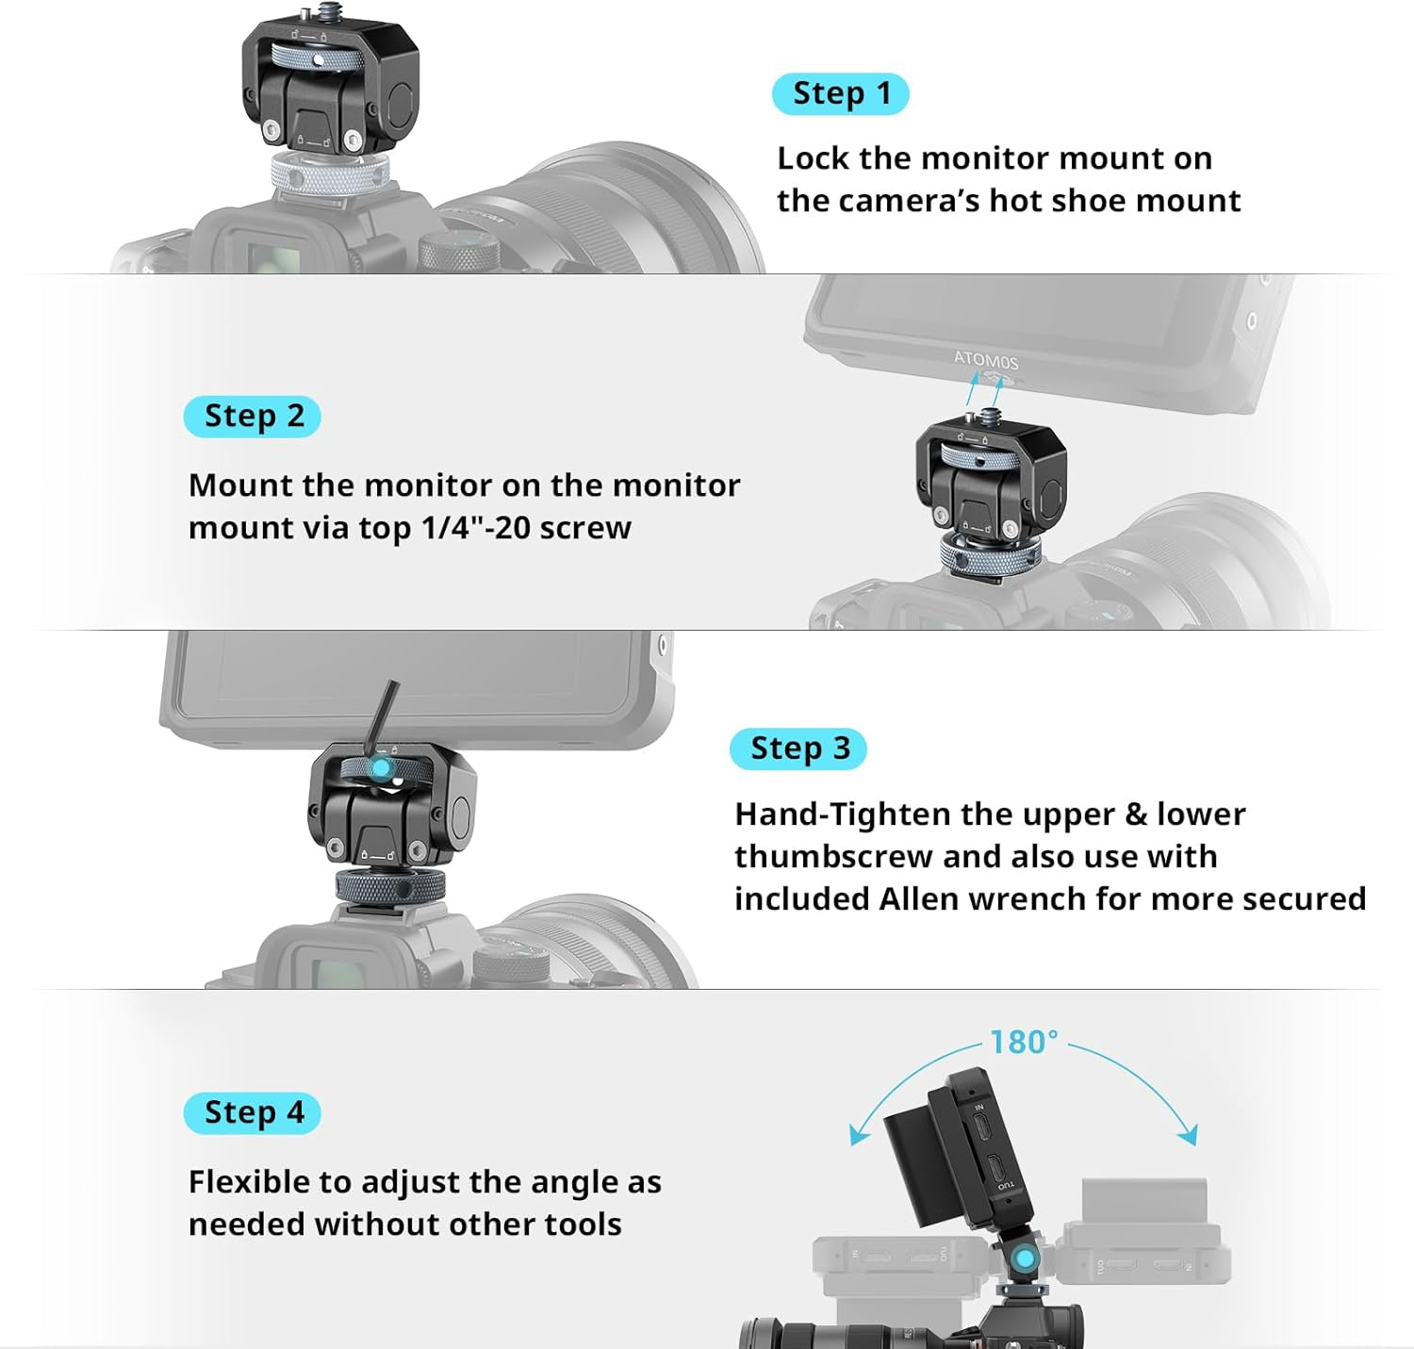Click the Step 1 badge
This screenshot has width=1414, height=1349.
point(840,94)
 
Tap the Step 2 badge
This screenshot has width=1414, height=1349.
point(252,417)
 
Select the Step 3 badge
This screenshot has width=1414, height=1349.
point(797,749)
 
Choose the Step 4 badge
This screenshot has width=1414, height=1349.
point(252,1113)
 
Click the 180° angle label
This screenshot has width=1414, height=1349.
point(1024,1043)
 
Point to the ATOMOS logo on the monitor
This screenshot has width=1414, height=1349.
point(986,359)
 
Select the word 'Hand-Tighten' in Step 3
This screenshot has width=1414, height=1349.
point(844,814)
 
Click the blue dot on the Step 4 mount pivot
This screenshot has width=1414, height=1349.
point(1022,1258)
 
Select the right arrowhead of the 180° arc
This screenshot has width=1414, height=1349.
point(1189,1134)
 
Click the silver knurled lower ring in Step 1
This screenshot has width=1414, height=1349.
point(329,174)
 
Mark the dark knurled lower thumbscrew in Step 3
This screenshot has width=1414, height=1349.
point(390,886)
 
